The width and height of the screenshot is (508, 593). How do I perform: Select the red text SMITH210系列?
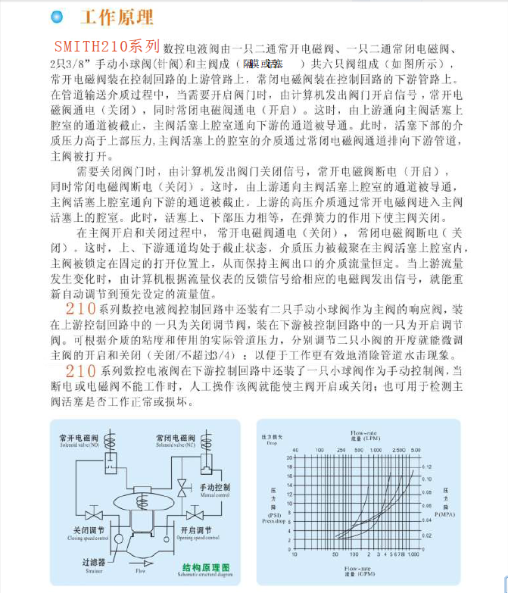[107, 45]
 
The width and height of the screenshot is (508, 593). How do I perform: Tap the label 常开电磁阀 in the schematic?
[78, 437]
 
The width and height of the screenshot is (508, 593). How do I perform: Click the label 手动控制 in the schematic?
[214, 486]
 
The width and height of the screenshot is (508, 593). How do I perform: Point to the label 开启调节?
[196, 529]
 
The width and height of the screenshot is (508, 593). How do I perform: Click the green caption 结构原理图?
[206, 567]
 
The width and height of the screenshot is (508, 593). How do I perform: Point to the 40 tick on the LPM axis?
[295, 449]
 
